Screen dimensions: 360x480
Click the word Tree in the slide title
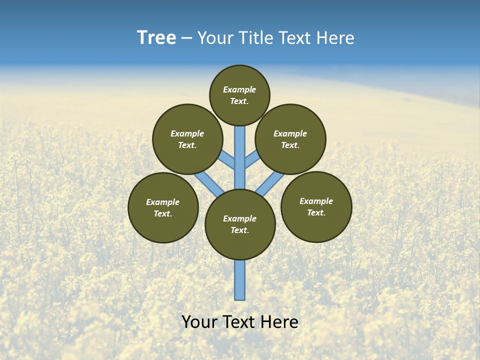click(x=156, y=38)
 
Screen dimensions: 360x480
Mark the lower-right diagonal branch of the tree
click(x=270, y=184)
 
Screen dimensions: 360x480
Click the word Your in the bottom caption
click(x=199, y=322)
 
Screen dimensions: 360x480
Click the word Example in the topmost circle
click(x=239, y=90)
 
